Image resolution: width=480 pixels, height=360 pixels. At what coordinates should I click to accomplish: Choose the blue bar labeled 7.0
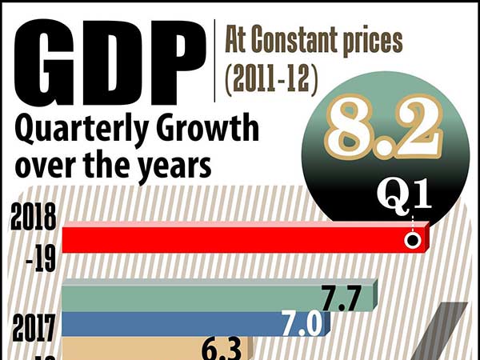[176, 324]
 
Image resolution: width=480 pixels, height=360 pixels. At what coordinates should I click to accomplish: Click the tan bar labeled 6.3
[136, 350]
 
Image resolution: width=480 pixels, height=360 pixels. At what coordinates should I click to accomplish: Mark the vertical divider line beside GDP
[217, 60]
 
